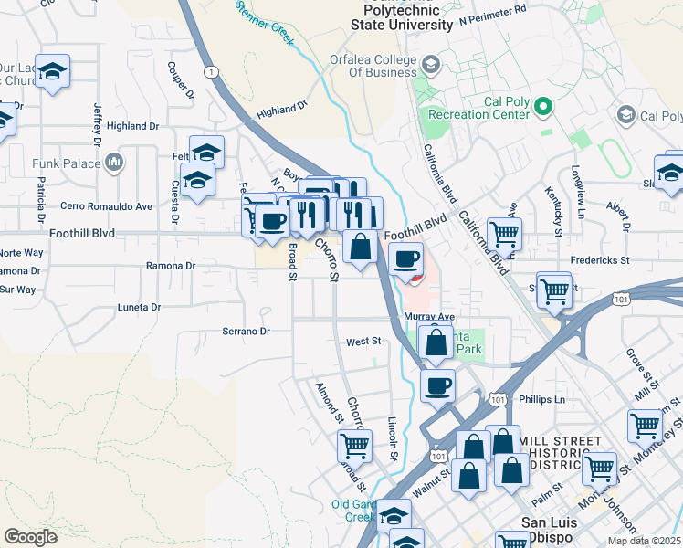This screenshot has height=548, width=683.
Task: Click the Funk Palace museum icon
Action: [x=114, y=163]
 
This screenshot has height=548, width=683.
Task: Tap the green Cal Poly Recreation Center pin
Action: [x=542, y=107]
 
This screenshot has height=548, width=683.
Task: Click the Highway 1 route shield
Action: [x=211, y=71]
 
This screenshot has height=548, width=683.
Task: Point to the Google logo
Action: [x=30, y=537]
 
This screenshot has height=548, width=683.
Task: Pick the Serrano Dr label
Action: [x=247, y=332]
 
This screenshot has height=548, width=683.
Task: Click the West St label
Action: [x=363, y=342]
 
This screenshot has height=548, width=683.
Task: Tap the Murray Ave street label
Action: [x=428, y=316]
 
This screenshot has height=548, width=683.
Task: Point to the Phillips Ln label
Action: [x=541, y=400]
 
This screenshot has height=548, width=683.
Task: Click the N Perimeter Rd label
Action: [x=493, y=15]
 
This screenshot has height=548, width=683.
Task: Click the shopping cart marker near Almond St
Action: [x=354, y=446]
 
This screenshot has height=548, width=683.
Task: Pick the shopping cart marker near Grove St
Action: [x=645, y=426]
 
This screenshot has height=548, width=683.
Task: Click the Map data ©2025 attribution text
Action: [x=644, y=541]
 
